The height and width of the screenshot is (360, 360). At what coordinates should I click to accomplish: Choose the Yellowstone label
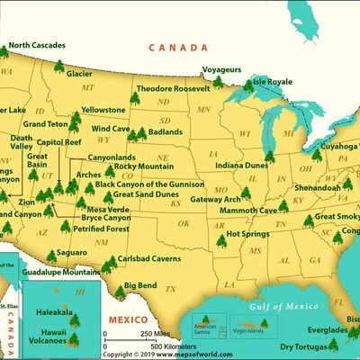[103, 110]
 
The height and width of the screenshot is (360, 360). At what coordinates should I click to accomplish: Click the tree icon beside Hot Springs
[221, 240]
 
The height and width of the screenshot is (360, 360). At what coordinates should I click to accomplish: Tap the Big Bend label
[141, 285]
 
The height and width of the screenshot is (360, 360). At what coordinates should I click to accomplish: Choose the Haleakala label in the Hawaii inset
[53, 312]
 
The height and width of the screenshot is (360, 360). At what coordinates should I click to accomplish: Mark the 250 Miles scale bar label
[138, 334]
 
